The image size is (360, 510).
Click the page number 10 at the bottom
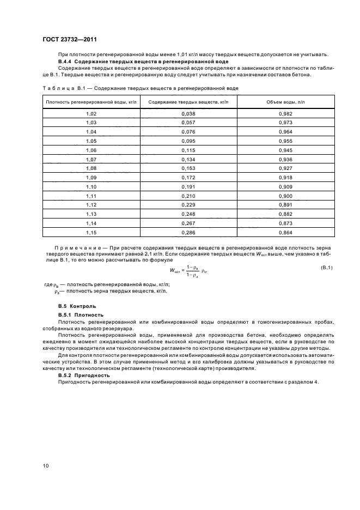pyautogui.click(x=46, y=466)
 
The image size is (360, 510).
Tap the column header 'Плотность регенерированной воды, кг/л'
pyautogui.click(x=91, y=102)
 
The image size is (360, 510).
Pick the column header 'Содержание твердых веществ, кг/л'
pyautogui.click(x=187, y=102)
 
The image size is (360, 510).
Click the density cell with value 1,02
pyautogui.click(x=91, y=113)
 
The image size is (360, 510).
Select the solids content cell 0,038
pyautogui.click(x=187, y=113)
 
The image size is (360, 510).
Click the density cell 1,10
pyautogui.click(x=91, y=186)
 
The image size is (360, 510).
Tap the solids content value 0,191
pyautogui.click(x=187, y=186)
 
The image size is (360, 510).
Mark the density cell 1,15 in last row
pyautogui.click(x=91, y=233)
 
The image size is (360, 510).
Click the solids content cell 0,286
pyautogui.click(x=187, y=233)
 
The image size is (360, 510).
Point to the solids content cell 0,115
pyautogui.click(x=187, y=150)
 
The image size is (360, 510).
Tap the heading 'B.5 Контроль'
pyautogui.click(x=77, y=306)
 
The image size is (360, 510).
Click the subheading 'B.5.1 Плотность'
pyautogui.click(x=81, y=315)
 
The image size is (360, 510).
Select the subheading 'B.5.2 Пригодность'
pyautogui.click(x=84, y=375)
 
